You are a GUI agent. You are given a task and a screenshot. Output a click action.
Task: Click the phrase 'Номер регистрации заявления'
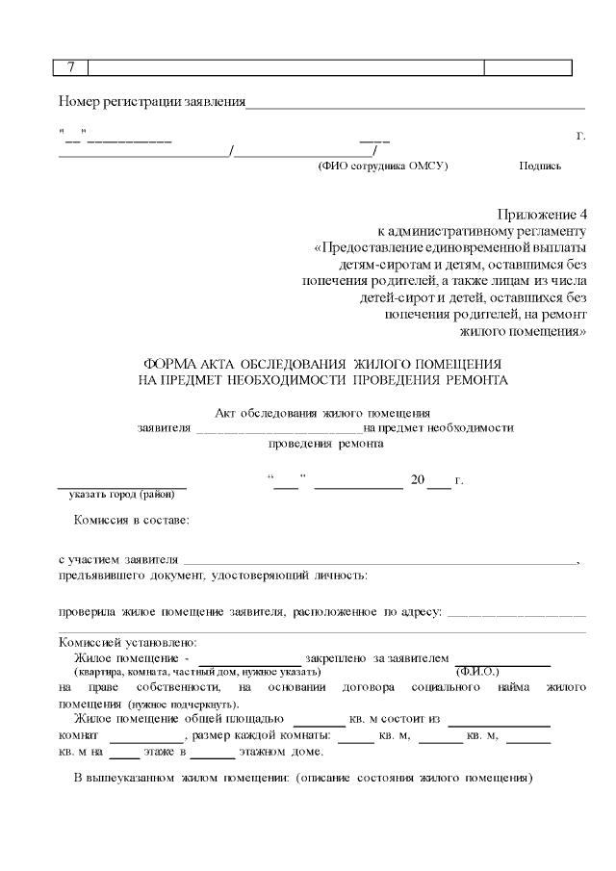coord(152,101)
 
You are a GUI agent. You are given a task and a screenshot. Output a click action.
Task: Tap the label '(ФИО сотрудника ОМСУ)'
coord(383,166)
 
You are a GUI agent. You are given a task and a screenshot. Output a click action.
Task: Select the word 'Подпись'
coord(540,166)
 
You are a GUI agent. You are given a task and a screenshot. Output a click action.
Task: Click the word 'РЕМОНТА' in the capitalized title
coord(476,380)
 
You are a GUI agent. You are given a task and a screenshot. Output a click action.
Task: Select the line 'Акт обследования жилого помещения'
coord(322,413)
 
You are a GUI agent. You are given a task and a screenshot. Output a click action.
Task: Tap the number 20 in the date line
coord(418,479)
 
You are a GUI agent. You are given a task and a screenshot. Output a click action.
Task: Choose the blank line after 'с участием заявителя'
coord(379,559)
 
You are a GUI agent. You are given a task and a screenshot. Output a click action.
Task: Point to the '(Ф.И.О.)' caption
coord(477,670)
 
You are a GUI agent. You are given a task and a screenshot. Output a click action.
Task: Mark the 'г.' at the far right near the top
coord(580,135)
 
